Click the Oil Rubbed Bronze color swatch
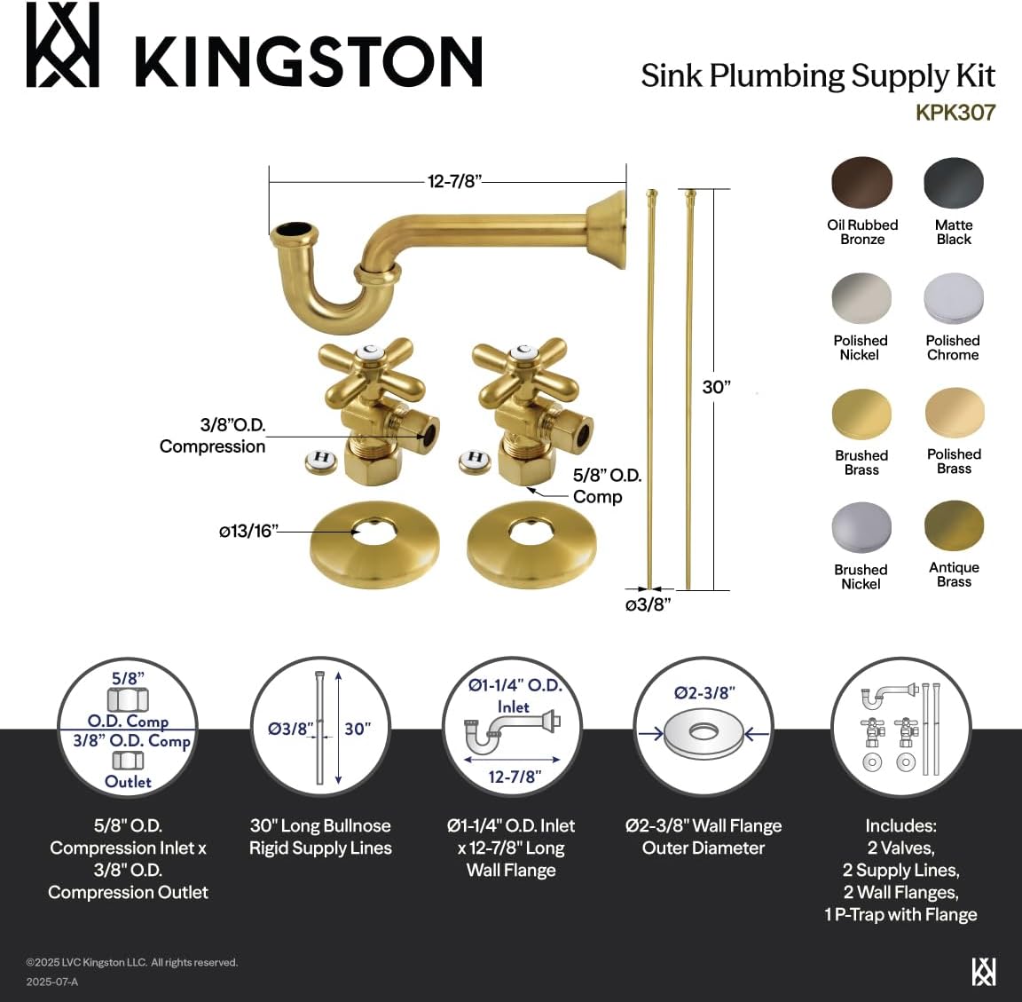pos(861,184)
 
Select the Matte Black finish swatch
pos(954,184)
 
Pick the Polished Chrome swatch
pos(954,299)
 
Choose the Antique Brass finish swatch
pos(954,526)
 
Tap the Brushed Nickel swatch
pos(861,528)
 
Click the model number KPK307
pos(955,113)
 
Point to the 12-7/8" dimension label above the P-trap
pos(453,181)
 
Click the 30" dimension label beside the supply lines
pos(716,387)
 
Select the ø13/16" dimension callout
pos(249,531)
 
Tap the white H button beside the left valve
pos(321,460)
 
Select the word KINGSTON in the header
pos(308,62)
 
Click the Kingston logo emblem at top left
pos(62,45)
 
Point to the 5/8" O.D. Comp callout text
pos(606,485)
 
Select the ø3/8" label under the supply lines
pos(647,605)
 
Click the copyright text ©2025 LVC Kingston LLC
pos(132,962)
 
